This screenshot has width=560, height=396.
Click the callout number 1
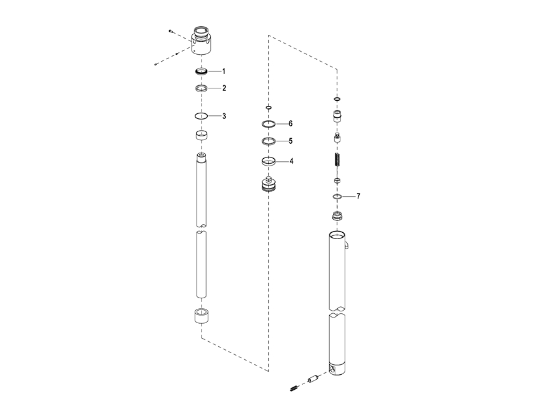point(223,71)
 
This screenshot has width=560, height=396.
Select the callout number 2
point(223,88)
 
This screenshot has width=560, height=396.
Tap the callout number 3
point(223,116)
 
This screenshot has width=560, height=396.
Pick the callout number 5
point(291,141)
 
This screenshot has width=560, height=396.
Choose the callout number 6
point(291,123)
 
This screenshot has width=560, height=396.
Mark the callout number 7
point(358,196)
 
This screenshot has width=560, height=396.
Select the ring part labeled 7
point(337,197)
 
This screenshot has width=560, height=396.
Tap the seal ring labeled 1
point(201,71)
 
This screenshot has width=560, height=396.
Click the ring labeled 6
point(269,124)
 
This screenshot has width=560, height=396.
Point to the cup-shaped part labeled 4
point(269,162)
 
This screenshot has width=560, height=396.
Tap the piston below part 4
point(269,184)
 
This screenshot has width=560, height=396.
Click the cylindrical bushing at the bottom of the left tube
point(201,316)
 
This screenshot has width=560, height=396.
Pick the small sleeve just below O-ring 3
point(201,135)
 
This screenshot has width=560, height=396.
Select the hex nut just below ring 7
point(337,217)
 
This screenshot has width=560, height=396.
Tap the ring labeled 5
point(269,142)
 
